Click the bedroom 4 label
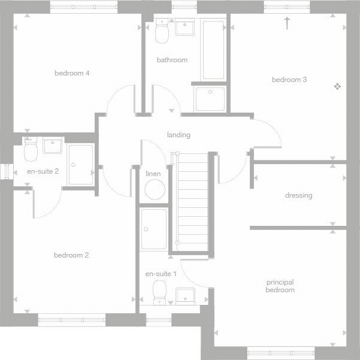pos(72,73)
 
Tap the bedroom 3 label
pos(289,80)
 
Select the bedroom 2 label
pos(71,255)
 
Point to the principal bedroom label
pos(280,286)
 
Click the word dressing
pos(298,195)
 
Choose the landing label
pos(179,135)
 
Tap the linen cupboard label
pos(153,174)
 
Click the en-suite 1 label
pos(161,274)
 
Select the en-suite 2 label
pos(43,171)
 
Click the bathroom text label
pos(172,60)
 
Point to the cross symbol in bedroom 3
pos(287,23)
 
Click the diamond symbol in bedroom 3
pos(337,87)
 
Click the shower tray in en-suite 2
pos(81,165)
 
